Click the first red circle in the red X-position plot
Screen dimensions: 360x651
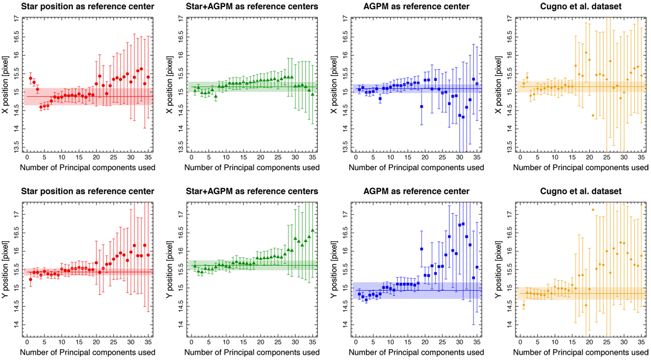pos(30,79)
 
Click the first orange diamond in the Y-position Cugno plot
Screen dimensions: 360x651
pos(524,305)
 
